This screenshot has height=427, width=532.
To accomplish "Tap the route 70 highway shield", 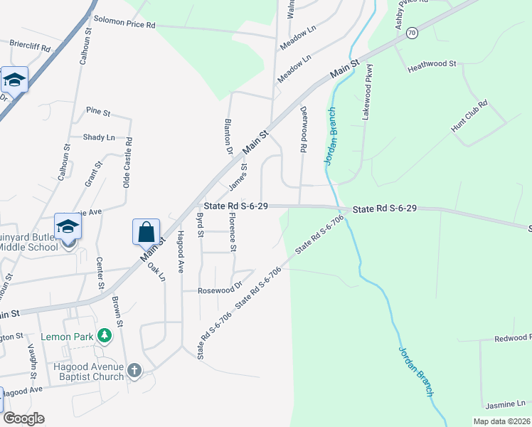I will click(412, 33).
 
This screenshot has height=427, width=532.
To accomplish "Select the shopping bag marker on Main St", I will click(146, 232).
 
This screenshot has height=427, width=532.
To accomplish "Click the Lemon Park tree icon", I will click(105, 334).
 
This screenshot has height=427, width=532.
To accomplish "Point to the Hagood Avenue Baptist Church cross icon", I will click(134, 370).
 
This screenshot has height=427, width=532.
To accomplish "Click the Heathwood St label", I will click(432, 64).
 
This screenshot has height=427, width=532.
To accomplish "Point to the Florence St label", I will click(232, 231).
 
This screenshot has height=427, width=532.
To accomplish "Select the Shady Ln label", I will click(98, 137).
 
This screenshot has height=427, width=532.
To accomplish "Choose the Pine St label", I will click(97, 112).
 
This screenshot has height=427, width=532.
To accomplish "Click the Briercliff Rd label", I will click(31, 46).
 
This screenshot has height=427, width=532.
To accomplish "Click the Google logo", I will click(23, 418).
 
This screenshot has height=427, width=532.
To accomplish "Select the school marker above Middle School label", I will click(68, 227).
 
